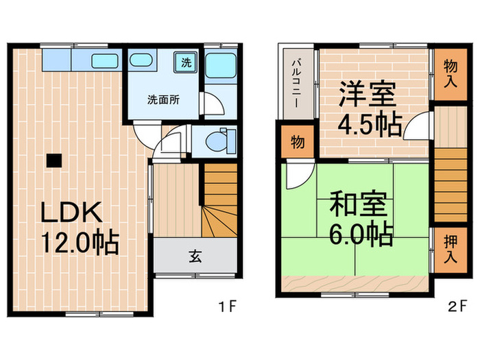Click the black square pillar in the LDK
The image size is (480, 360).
(53, 160)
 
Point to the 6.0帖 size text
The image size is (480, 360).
(361, 235)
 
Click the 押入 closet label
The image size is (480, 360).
(451, 251)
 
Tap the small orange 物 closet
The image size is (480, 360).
(297, 143)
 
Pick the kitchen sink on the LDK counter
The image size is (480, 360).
(104, 60)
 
